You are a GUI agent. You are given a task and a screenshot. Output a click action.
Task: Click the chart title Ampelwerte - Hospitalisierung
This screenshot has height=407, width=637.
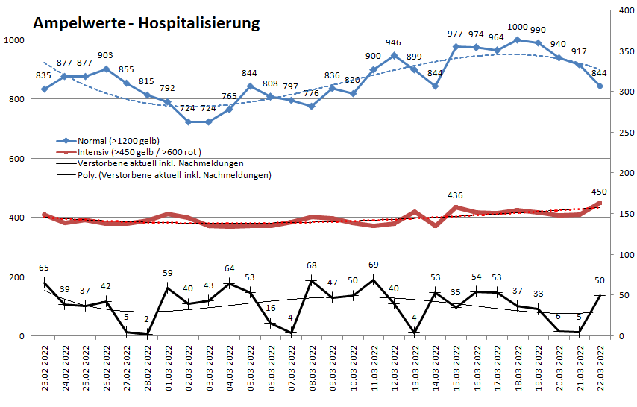(x=146, y=23)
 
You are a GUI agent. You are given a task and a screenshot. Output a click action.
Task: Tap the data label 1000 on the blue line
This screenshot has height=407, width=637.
(x=517, y=28)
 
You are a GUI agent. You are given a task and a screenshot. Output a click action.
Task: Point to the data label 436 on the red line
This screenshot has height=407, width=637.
(x=455, y=195)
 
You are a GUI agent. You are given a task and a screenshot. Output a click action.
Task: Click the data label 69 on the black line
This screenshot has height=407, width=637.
(x=374, y=265)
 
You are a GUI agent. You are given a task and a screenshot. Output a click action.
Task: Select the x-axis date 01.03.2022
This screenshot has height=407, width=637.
(x=168, y=366)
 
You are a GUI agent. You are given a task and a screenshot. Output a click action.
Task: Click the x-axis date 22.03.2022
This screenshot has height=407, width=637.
(x=600, y=366)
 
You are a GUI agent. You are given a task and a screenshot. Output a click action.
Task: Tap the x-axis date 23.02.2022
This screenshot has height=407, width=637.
(x=45, y=366)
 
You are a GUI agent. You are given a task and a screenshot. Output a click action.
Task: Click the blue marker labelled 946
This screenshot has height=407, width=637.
(x=394, y=55)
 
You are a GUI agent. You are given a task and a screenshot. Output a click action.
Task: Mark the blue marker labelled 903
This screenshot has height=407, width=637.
(x=106, y=69)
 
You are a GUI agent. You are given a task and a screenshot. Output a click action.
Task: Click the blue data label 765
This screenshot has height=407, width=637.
(x=229, y=96)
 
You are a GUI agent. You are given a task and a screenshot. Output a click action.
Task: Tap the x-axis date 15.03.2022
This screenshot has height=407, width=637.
(x=456, y=366)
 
